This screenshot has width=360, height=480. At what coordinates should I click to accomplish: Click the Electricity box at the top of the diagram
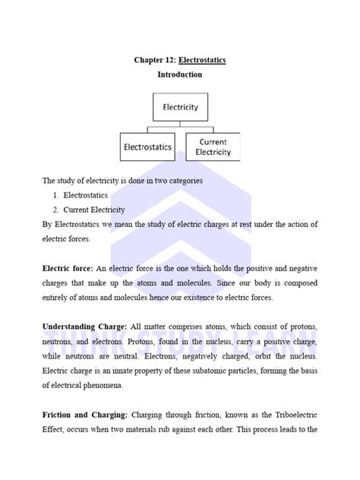pyautogui.click(x=180, y=107)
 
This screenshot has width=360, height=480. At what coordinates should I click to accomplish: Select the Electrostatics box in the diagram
pyautogui.click(x=147, y=147)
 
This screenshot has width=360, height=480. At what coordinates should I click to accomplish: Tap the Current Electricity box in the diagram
pyautogui.click(x=213, y=147)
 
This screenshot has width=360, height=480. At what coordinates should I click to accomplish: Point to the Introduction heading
pyautogui.click(x=180, y=75)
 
